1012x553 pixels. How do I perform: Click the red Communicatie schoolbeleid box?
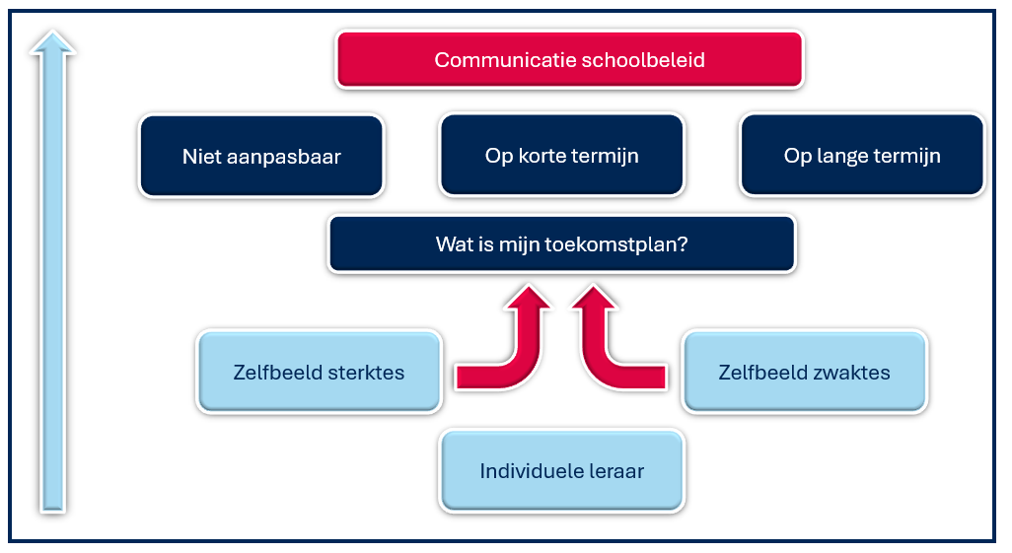pyautogui.click(x=569, y=59)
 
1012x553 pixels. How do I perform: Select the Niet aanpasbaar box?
pyautogui.click(x=261, y=156)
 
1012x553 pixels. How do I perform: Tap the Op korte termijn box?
pyautogui.click(x=561, y=155)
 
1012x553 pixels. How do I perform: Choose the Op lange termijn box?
pyautogui.click(x=862, y=155)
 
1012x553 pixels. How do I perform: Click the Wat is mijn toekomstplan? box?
pyautogui.click(x=561, y=243)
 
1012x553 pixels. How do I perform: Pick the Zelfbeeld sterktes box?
pyautogui.click(x=319, y=372)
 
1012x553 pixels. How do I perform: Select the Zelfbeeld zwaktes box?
pyautogui.click(x=804, y=372)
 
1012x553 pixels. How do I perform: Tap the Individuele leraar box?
pyautogui.click(x=561, y=470)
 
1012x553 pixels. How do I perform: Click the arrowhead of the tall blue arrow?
pyautogui.click(x=53, y=42)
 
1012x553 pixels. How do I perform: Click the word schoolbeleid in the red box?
pyautogui.click(x=643, y=60)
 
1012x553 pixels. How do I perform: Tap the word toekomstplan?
pyautogui.click(x=616, y=244)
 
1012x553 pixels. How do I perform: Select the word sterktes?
pyautogui.click(x=366, y=373)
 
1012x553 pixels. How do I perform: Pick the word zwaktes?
pyautogui.click(x=852, y=373)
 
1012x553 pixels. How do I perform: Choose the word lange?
pyautogui.click(x=842, y=156)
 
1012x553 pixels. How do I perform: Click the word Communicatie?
pyautogui.click(x=505, y=60)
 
